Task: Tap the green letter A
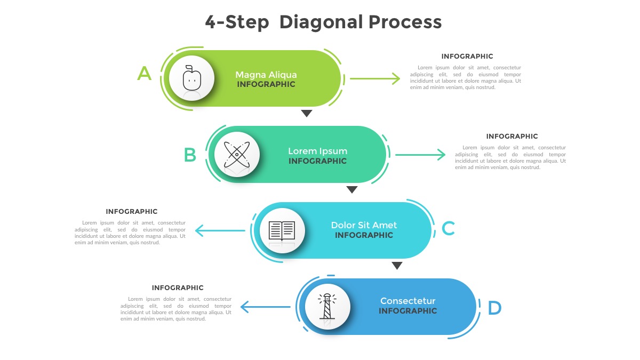pos(144,73)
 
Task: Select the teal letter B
pos(190,155)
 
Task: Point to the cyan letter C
pos(448,229)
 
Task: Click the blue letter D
pos(494,308)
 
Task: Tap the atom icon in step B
pos(237,154)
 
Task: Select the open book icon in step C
pos(282,230)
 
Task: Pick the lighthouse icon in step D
pos(327,307)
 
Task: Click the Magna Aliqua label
pos(266,75)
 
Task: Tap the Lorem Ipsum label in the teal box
pos(317,151)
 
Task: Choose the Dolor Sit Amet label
pos(364,225)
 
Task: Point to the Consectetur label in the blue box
pos(407,301)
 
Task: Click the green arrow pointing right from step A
pos(374,79)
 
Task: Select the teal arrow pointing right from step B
pos(420,155)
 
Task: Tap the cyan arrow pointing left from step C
pos(220,231)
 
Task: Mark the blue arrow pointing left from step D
pos(265,307)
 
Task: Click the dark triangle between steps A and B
pos(306,113)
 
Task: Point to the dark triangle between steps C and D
pos(397,266)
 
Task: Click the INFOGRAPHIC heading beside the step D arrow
pos(178,288)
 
